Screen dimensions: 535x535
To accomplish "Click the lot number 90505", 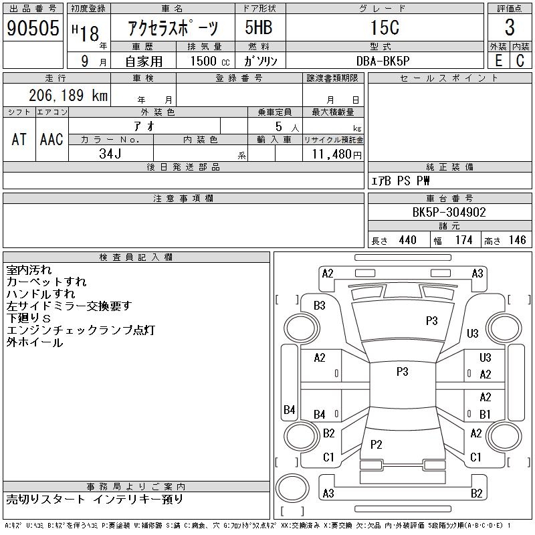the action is [33, 28].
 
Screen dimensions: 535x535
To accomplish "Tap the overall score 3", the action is [510, 27].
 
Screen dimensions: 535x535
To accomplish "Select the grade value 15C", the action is [385, 27].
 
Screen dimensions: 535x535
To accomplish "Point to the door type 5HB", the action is [259, 27].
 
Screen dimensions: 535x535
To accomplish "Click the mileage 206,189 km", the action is [68, 95].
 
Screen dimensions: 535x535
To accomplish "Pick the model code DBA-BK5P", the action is [383, 61].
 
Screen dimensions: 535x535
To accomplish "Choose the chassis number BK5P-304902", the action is [449, 212].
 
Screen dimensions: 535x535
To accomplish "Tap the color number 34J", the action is [110, 154].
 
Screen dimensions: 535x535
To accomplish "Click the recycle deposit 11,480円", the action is [337, 154].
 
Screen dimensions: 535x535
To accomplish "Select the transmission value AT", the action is [19, 139].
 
